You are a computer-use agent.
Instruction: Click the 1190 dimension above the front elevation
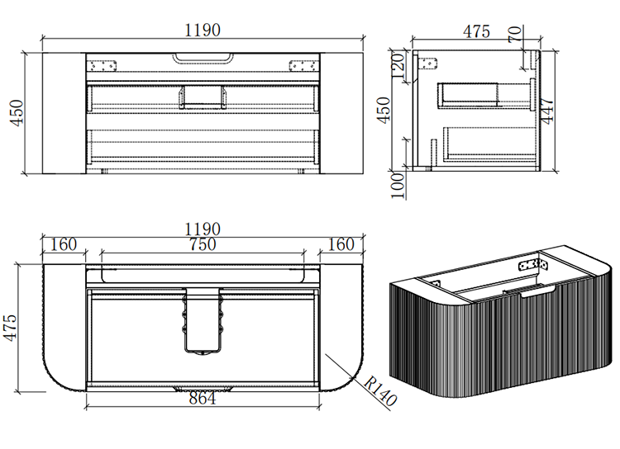click(x=203, y=30)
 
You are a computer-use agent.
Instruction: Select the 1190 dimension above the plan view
click(x=203, y=229)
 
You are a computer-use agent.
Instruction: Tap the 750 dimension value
click(x=202, y=244)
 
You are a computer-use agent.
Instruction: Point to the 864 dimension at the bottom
click(x=202, y=399)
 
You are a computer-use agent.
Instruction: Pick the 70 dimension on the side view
click(x=515, y=35)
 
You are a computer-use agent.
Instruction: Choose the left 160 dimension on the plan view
click(x=63, y=244)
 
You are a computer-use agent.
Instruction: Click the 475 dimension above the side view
click(x=476, y=32)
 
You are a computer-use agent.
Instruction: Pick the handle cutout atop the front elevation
click(x=203, y=58)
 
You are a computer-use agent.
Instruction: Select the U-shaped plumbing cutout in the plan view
click(x=202, y=322)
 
